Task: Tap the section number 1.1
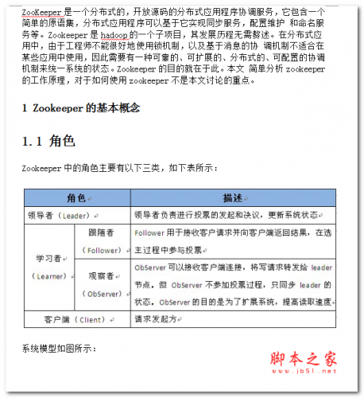click(x=37, y=142)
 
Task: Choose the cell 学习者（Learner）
click(x=49, y=267)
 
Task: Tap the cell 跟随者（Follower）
click(x=103, y=241)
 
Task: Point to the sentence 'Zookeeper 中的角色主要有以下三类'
click(x=119, y=168)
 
